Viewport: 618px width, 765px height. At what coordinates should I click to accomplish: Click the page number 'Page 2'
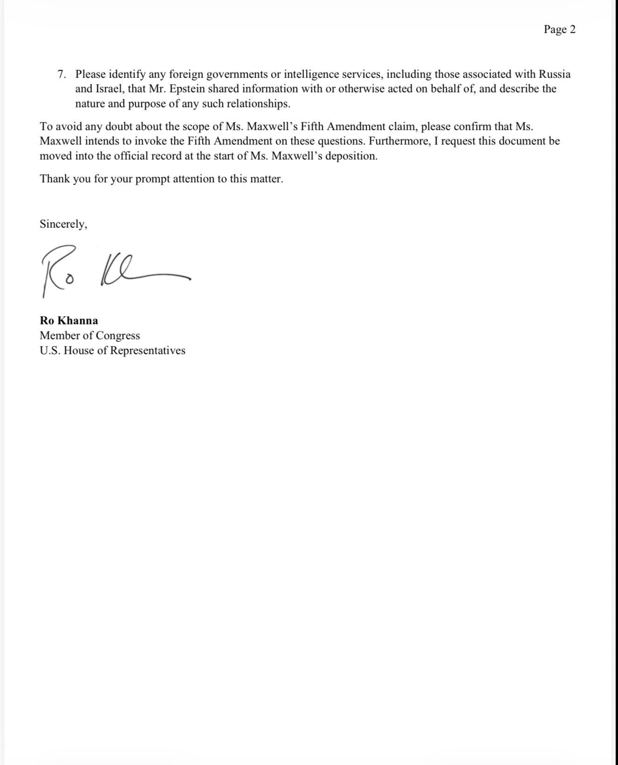tap(559, 29)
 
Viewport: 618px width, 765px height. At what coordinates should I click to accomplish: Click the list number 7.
tap(61, 74)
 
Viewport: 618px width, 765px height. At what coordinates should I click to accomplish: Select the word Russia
tap(555, 74)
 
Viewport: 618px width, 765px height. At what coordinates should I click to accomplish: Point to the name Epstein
tap(187, 89)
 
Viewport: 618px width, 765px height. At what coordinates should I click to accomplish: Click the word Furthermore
tap(400, 141)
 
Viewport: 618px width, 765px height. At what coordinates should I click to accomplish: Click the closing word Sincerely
tap(63, 224)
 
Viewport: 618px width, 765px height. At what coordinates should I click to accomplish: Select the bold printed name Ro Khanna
tap(69, 321)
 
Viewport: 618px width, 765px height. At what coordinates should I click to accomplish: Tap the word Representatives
tap(147, 351)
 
